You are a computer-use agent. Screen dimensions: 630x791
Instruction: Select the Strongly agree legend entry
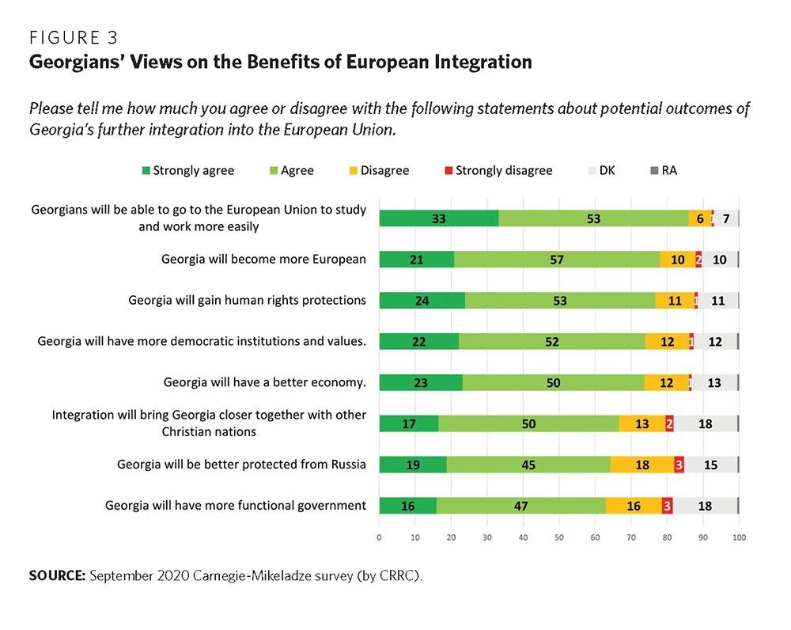point(187,170)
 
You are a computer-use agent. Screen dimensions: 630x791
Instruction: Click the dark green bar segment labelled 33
point(439,218)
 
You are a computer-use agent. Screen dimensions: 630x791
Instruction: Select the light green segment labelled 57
point(557,259)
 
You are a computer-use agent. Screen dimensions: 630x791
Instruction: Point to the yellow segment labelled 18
point(642,465)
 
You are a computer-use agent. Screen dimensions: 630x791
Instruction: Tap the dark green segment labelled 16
point(407,506)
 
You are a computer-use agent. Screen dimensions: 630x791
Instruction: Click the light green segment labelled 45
point(528,465)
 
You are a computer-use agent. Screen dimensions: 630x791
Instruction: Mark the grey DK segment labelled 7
point(726,218)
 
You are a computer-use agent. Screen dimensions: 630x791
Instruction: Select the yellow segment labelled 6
point(699,218)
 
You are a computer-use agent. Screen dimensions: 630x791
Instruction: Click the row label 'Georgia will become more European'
point(263,259)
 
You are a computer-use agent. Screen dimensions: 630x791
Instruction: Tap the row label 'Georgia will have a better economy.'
point(264,382)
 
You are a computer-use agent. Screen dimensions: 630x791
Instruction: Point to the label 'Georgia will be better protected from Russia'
point(241,465)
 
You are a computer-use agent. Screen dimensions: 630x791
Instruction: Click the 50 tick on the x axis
point(559,538)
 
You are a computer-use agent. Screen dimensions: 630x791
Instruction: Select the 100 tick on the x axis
point(739,538)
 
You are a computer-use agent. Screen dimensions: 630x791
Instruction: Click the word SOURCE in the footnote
point(57,575)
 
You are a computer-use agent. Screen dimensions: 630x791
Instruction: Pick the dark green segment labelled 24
point(422,300)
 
